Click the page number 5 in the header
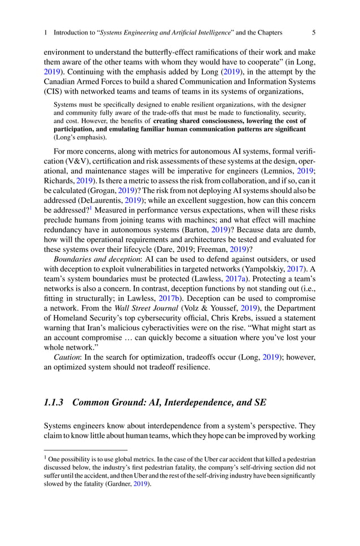click(313, 32)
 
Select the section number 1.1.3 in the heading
click(54, 402)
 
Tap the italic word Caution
click(68, 357)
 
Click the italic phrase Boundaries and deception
click(96, 275)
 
